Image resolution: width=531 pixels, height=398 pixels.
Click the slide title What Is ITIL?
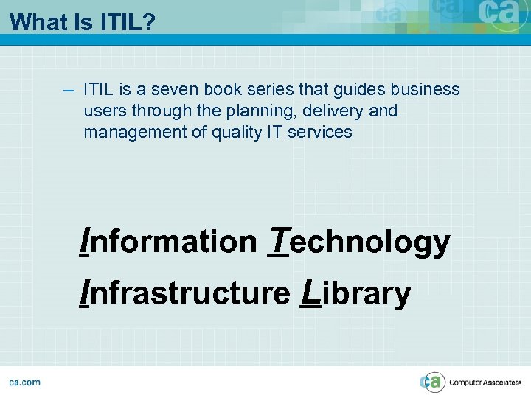(83, 22)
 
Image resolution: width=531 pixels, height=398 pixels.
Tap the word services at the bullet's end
(320, 133)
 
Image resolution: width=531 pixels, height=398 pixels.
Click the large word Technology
(359, 242)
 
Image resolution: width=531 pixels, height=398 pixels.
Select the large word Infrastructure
(185, 293)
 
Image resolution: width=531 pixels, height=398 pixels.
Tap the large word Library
(356, 293)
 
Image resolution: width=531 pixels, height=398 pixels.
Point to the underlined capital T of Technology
(278, 240)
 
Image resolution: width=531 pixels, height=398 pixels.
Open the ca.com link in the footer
(25, 382)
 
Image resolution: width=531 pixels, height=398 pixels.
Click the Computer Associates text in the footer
(484, 383)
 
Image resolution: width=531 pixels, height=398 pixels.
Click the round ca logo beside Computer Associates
(433, 382)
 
